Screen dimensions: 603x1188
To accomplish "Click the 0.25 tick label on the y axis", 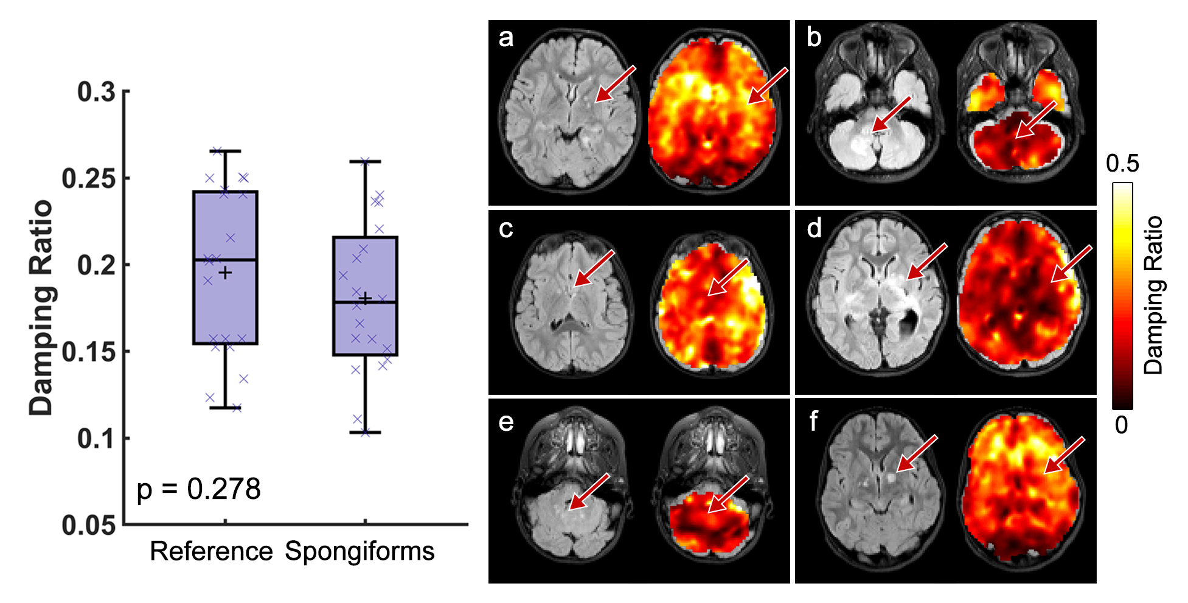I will (88, 178).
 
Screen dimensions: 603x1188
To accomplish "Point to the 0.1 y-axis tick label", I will (96, 438).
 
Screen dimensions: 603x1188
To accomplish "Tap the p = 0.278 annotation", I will (198, 489).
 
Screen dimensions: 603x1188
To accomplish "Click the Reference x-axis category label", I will (211, 551).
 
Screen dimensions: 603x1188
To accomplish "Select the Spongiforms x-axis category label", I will (360, 551).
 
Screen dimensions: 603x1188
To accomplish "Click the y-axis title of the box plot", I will (41, 307).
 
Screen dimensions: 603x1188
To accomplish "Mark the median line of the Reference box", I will (225, 260).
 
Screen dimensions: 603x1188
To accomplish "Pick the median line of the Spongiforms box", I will (365, 302).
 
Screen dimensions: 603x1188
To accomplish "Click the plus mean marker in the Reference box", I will (226, 273).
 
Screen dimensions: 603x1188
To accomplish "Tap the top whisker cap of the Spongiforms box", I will (365, 162).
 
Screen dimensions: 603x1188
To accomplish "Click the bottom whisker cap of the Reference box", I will (225, 407).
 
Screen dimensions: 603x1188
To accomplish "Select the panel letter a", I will (505, 38).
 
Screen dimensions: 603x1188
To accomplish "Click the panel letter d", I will (814, 228).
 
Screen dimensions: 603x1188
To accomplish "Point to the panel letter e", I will (505, 422).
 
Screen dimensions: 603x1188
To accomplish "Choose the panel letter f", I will (813, 420).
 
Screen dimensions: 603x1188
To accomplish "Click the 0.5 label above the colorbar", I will (1122, 163).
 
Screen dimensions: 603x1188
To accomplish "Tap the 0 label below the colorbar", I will (1122, 425).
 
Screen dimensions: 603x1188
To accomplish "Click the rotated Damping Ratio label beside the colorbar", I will (1153, 295).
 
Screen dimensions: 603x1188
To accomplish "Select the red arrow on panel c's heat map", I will (728, 277).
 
